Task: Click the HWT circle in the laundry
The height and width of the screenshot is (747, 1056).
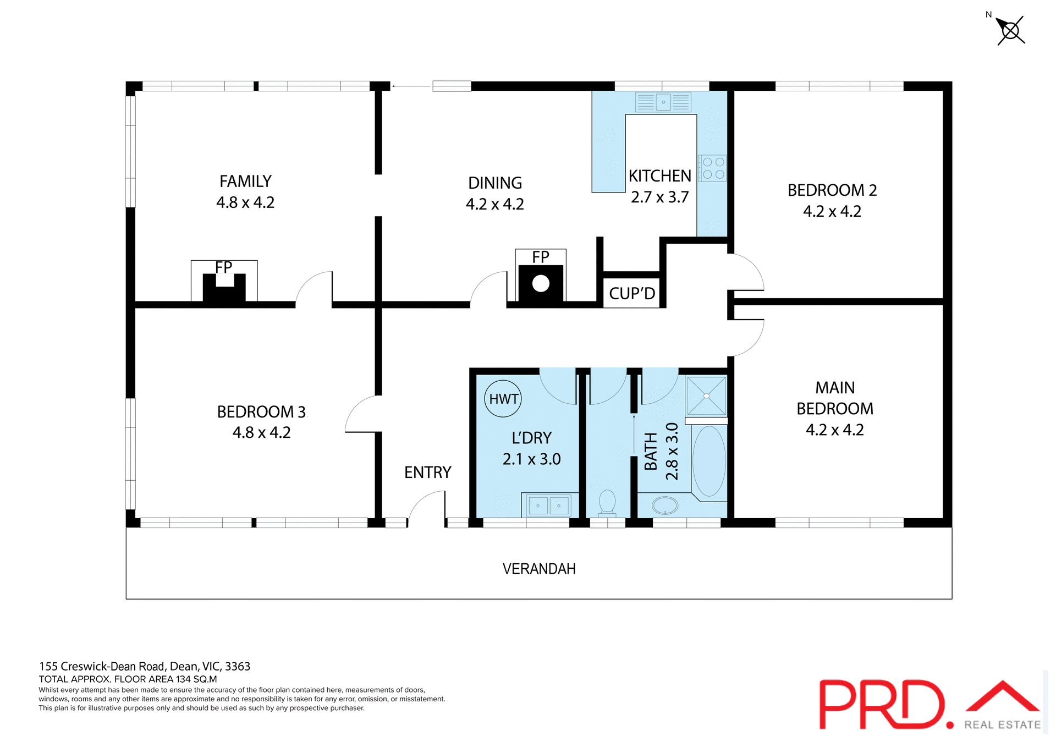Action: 503,399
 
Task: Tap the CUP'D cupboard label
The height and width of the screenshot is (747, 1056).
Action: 632,294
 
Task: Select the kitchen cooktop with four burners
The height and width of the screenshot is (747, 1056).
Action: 713,168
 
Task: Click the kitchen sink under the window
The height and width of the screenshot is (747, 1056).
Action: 663,102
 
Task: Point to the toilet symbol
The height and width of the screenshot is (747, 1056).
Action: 607,502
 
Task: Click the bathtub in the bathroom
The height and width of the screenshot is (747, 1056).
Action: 709,461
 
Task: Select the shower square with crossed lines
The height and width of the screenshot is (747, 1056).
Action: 706,396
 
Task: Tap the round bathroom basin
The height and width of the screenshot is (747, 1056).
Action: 665,505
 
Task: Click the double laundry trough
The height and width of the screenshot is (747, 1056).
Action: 548,505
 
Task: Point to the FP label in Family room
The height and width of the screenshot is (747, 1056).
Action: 224,267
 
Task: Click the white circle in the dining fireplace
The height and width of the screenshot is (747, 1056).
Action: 541,284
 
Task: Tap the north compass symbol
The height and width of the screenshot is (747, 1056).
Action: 1010,30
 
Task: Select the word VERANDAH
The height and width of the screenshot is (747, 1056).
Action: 539,569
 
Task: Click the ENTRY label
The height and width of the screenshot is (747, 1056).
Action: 427,473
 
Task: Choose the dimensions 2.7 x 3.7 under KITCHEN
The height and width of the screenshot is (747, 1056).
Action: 659,197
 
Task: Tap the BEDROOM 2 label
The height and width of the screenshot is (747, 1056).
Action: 832,190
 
